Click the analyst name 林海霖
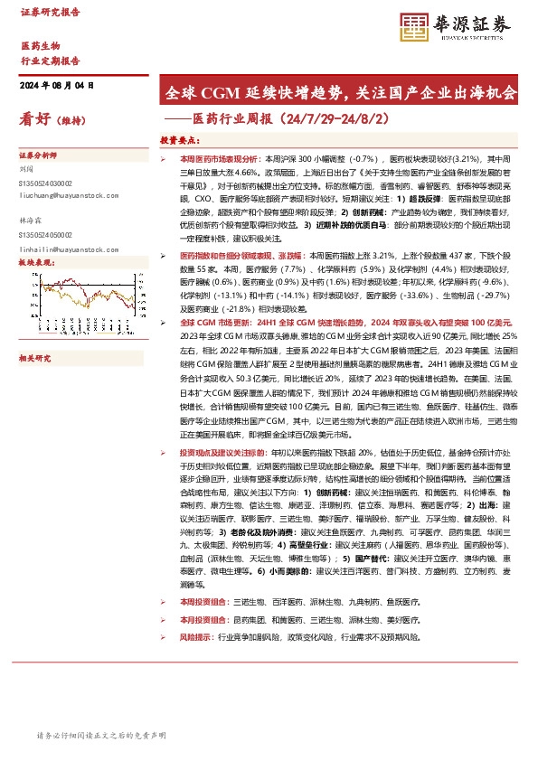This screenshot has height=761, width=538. click(32, 222)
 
